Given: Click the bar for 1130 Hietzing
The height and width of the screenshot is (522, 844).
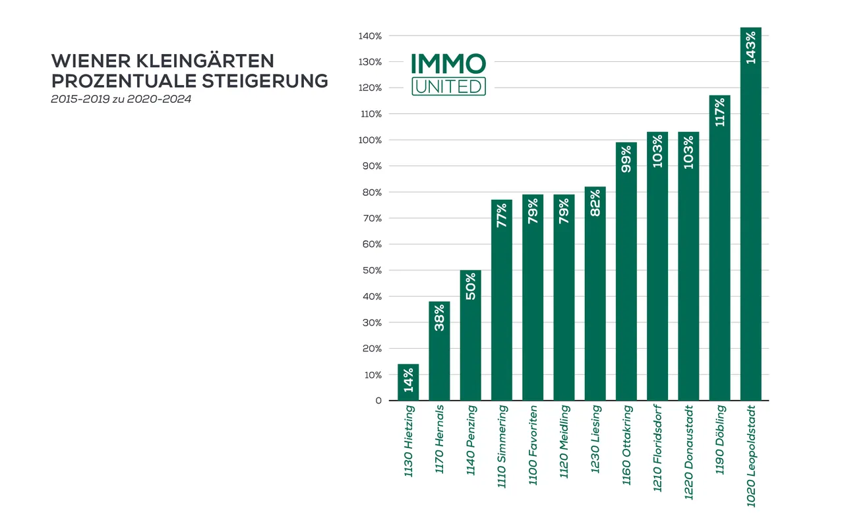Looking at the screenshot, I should point(408,382).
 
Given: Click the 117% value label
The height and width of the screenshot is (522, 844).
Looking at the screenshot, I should point(720,112).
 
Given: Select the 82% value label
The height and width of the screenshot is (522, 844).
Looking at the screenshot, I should point(595,203).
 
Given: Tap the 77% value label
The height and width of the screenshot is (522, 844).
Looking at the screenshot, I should point(502,216).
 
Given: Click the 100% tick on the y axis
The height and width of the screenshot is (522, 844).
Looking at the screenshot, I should point(370,140).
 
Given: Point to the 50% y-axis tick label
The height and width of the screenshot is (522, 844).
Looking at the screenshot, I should point(372,270).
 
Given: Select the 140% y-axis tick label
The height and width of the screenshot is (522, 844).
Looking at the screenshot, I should point(370,36).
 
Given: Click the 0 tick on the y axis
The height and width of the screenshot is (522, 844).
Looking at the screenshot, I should point(378,401).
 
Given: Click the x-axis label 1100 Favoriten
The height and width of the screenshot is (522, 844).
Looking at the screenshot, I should point(533,445).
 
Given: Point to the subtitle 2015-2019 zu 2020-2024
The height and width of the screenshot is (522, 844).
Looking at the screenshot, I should point(121,100).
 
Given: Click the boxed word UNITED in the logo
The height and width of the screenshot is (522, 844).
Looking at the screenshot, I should point(448,86).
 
